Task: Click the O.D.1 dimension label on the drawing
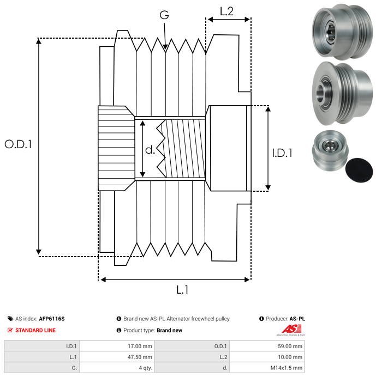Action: coord(19,144)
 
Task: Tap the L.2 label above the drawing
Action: coord(226,11)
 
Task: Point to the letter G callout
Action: coord(164,16)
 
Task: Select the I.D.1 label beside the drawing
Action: coord(282,153)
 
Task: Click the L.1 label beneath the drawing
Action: coord(182,290)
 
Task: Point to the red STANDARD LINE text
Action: coord(35,330)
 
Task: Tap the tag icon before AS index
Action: coord(10,319)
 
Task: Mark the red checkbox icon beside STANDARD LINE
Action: coord(10,330)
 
